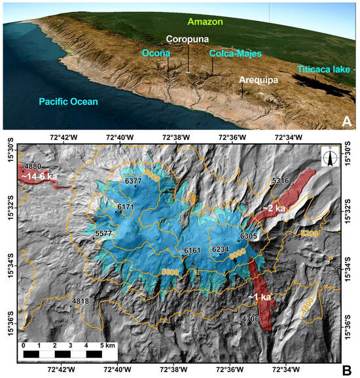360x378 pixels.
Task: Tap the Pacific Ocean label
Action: [x=67, y=101]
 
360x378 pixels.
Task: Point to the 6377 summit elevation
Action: [x=132, y=180]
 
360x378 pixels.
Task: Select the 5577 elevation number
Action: [x=103, y=233]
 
